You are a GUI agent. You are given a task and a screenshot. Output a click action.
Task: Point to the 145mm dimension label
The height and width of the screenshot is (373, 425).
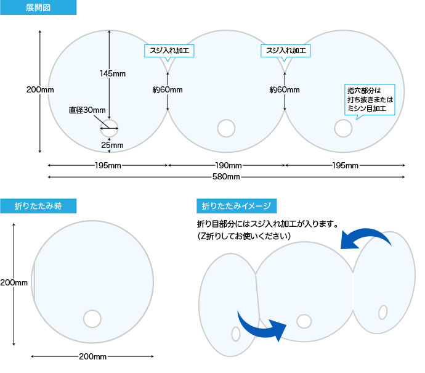[113, 74]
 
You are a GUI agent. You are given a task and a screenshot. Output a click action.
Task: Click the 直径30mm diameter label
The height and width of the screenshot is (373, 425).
[87, 110]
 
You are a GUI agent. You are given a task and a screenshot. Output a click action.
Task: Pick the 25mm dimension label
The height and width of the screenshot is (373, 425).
[113, 146]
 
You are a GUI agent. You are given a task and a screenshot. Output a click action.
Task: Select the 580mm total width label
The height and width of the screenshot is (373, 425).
[226, 178]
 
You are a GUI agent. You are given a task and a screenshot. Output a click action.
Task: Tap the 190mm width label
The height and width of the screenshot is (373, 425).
[228, 165]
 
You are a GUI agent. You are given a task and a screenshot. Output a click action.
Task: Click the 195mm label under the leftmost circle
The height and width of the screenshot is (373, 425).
[108, 165]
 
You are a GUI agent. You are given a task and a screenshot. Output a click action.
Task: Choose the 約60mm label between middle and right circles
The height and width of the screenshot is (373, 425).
[285, 90]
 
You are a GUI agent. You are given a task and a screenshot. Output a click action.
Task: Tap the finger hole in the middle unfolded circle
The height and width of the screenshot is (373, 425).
[227, 128]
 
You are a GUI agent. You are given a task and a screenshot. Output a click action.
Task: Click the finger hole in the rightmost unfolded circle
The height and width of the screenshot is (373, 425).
[343, 128]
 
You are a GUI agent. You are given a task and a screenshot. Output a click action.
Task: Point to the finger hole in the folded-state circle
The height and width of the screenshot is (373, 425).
[92, 319]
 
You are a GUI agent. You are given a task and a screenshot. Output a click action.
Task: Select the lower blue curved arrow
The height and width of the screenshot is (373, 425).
[262, 325]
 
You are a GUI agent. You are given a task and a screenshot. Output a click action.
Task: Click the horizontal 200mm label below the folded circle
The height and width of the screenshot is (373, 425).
[92, 356]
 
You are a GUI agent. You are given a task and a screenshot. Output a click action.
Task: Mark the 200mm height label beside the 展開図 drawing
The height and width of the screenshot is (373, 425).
[40, 90]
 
